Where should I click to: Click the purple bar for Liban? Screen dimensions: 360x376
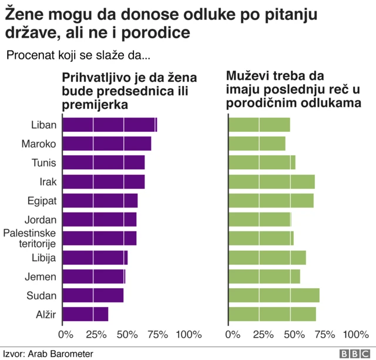pyautogui.click(x=109, y=125)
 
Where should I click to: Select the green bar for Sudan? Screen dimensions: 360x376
pyautogui.click(x=274, y=295)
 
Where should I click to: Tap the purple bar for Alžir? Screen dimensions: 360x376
pyautogui.click(x=85, y=314)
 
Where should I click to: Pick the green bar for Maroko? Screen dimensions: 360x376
pyautogui.click(x=257, y=144)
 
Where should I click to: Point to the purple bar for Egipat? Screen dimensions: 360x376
pyautogui.click(x=100, y=201)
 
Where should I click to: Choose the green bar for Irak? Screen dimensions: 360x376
pyautogui.click(x=271, y=182)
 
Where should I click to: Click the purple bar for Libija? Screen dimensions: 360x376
pyautogui.click(x=95, y=258)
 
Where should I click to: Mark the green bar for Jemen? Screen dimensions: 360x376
pyautogui.click(x=264, y=276)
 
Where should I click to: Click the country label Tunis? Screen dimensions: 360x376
pyautogui.click(x=44, y=163)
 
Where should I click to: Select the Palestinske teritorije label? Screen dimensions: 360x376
pyautogui.click(x=29, y=238)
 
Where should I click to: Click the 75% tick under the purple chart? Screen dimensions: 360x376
pyautogui.click(x=157, y=335)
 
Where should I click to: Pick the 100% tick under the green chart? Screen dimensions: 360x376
pyautogui.click(x=355, y=335)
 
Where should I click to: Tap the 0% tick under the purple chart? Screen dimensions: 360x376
pyautogui.click(x=66, y=335)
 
